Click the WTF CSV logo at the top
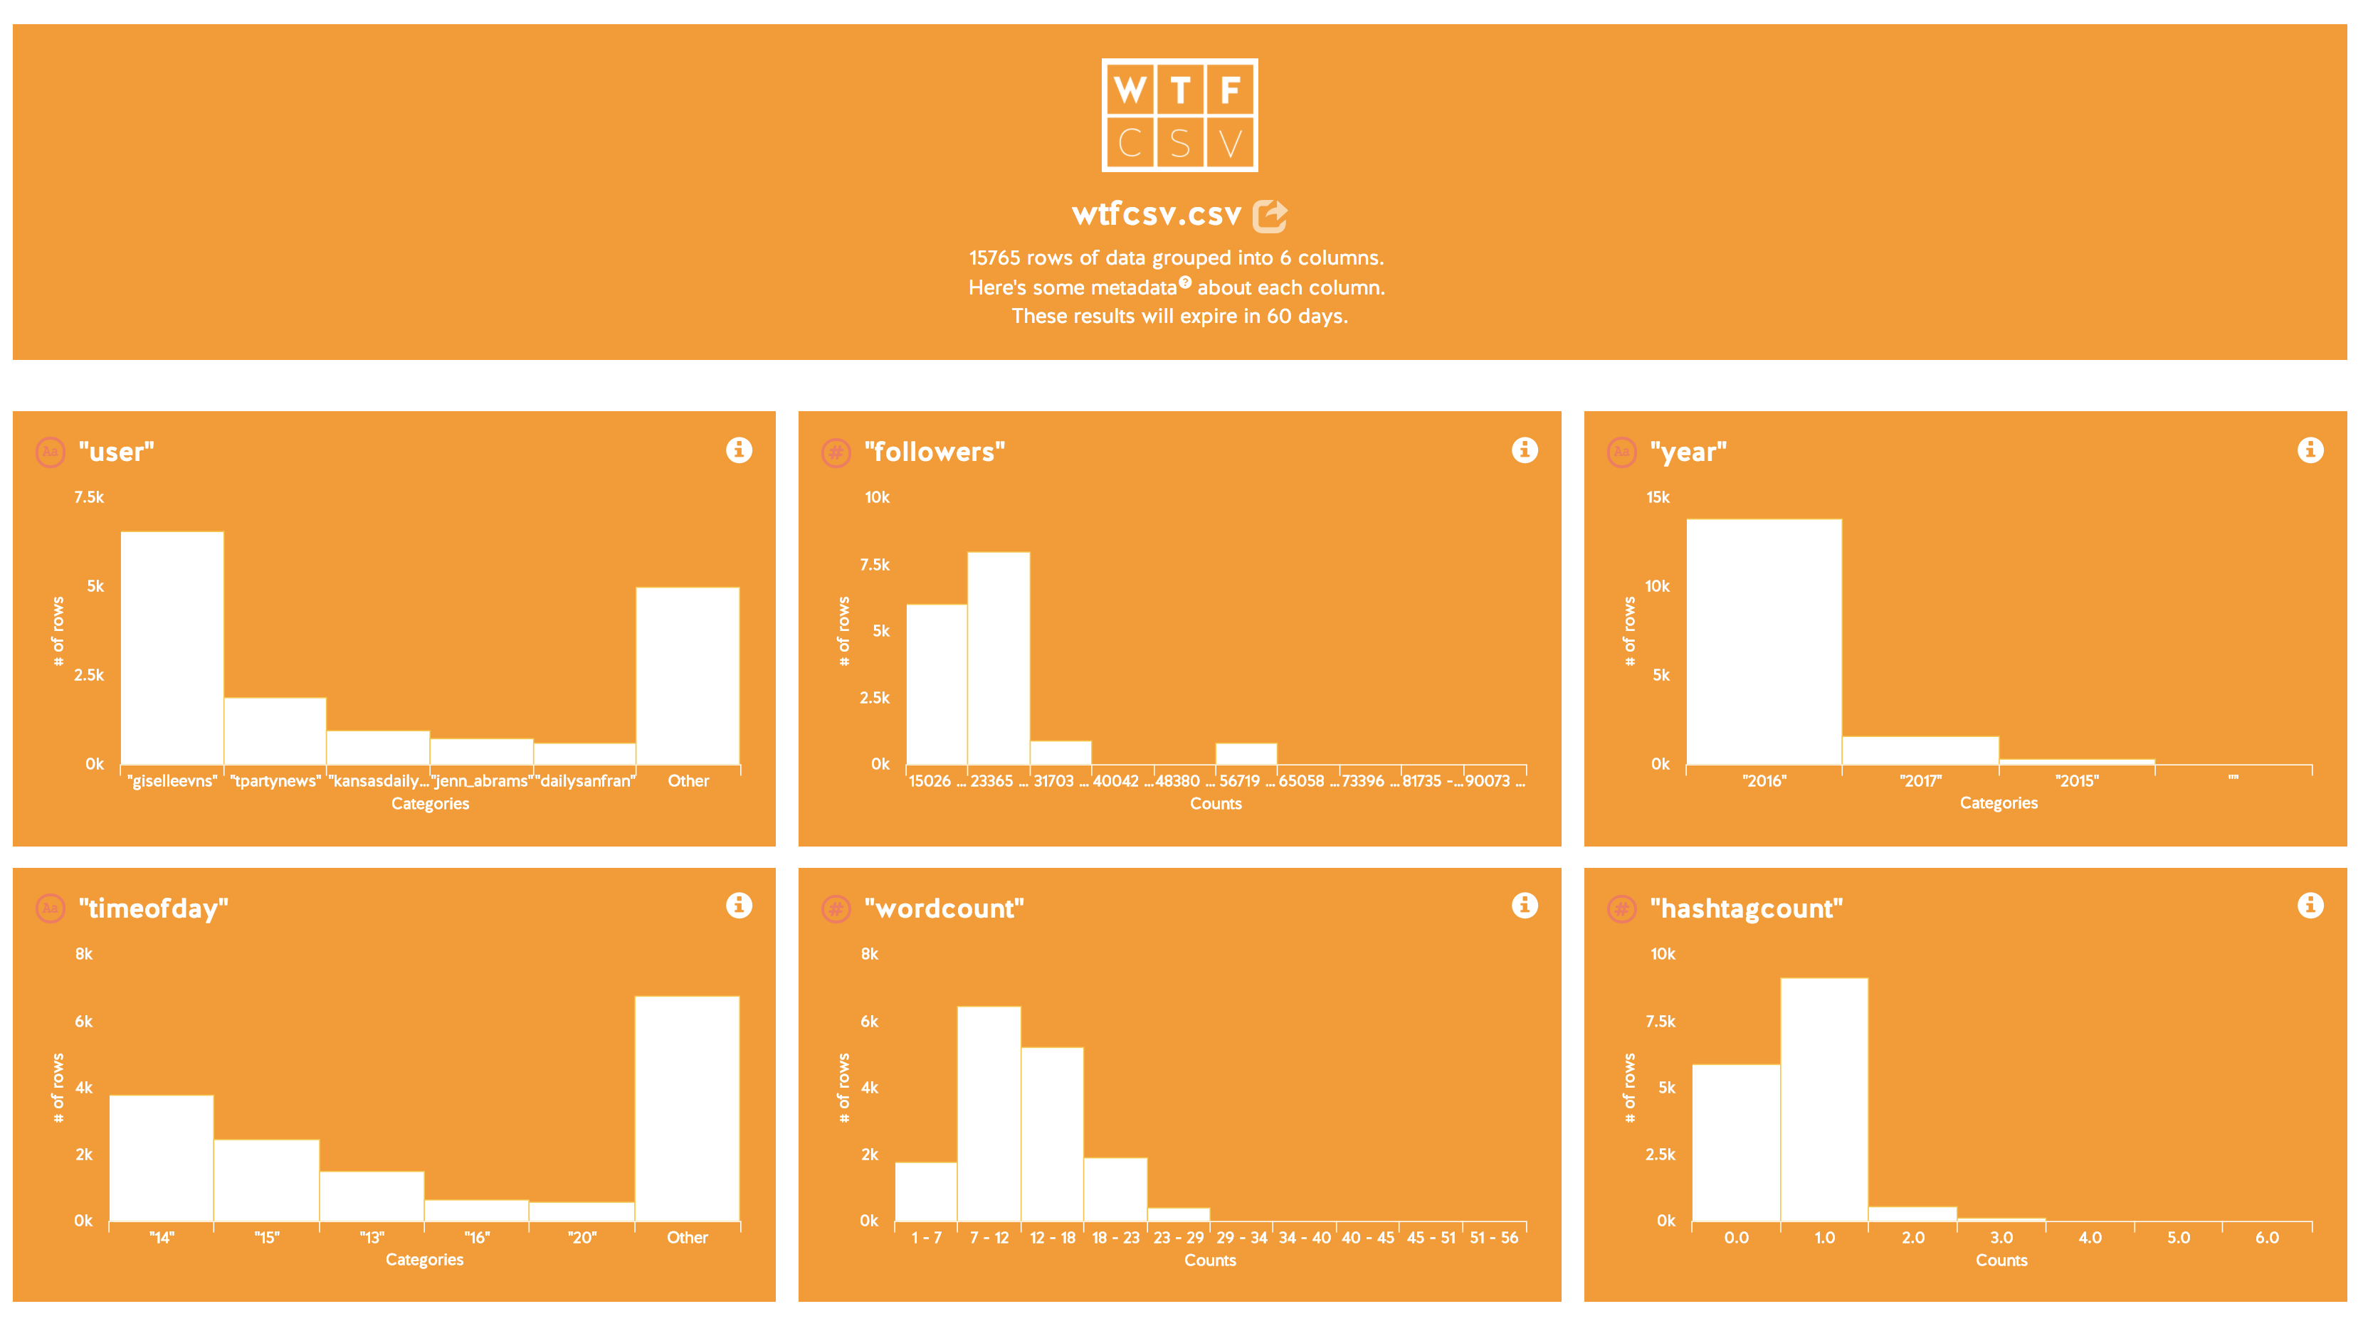[x=1179, y=115]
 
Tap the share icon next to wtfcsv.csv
[x=1270, y=216]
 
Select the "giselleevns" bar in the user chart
[x=172, y=647]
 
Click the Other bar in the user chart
[x=688, y=676]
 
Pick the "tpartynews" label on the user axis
[x=275, y=781]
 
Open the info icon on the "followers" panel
[x=1525, y=450]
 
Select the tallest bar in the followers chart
[x=999, y=659]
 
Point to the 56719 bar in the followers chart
[x=1246, y=754]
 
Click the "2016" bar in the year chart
[x=1764, y=642]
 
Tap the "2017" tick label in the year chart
[x=1920, y=781]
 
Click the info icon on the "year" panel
[x=2310, y=450]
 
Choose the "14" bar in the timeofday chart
[x=162, y=1158]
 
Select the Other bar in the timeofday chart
[x=687, y=1108]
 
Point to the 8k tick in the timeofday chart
[x=83, y=954]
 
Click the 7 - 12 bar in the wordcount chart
[x=989, y=1114]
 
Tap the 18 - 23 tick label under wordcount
[x=1115, y=1238]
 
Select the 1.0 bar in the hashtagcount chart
[x=1824, y=1100]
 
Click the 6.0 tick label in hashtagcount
[x=2267, y=1238]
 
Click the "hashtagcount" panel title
[x=1747, y=908]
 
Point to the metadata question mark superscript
[x=1185, y=282]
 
